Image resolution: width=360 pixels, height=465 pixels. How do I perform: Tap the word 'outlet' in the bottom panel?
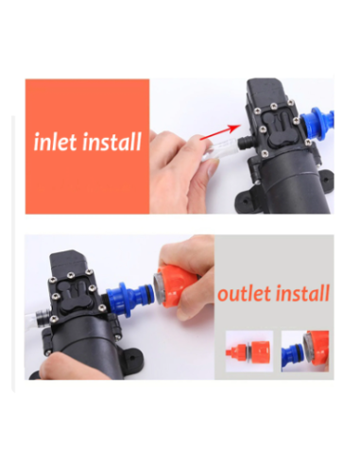[245, 293]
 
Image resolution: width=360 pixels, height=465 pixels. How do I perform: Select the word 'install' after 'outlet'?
[304, 293]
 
